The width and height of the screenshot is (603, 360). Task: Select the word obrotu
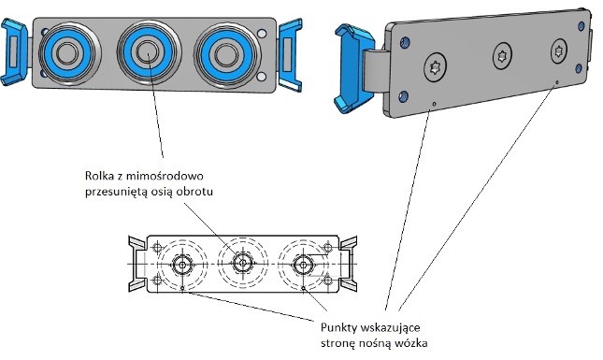click(194, 191)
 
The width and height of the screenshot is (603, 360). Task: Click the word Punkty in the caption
click(338, 328)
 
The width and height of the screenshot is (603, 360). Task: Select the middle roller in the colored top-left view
click(149, 51)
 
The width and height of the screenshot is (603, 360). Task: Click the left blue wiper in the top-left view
click(13, 52)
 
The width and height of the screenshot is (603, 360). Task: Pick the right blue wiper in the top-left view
click(290, 55)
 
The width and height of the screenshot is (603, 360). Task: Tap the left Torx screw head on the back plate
click(436, 67)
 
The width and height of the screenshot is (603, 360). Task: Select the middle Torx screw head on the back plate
click(502, 56)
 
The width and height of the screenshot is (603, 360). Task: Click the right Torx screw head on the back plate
click(558, 50)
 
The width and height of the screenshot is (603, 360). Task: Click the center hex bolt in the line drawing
click(243, 264)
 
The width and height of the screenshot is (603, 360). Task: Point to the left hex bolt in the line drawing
click(181, 264)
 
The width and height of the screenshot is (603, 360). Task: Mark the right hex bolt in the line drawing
click(303, 264)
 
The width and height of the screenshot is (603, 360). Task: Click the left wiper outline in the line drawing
click(136, 264)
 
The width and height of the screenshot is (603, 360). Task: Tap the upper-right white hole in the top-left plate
click(262, 34)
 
